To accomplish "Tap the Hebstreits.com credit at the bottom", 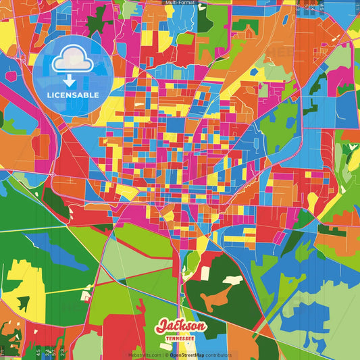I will pos(144,355).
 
